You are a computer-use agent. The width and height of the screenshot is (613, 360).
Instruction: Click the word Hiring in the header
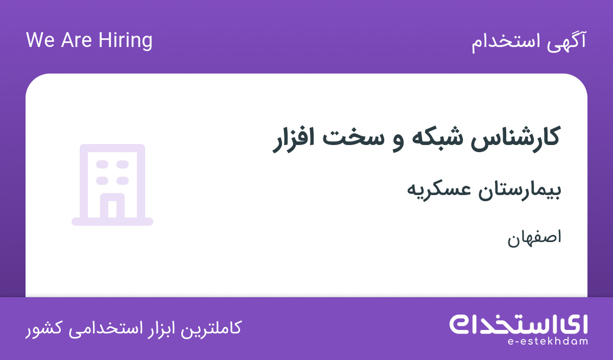[125, 41]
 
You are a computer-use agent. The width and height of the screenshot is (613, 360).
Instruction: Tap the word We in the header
[40, 40]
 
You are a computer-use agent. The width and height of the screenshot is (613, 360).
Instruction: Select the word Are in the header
[76, 40]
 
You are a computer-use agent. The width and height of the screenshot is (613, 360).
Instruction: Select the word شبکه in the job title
[438, 137]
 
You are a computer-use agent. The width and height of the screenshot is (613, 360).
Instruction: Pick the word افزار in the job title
[293, 139]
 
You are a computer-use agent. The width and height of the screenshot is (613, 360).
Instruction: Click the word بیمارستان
[520, 190]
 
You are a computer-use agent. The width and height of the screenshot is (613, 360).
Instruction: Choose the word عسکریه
[439, 190]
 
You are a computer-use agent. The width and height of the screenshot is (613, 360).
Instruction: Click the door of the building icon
[112, 206]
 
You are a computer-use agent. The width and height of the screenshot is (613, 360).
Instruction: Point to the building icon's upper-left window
[102, 164]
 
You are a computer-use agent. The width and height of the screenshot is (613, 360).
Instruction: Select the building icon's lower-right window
[123, 181]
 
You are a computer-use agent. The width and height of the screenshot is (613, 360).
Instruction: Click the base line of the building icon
[112, 222]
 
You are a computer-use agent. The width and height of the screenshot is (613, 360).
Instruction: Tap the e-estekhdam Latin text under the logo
[548, 342]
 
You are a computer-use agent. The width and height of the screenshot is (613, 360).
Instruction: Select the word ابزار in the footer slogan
[159, 329]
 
